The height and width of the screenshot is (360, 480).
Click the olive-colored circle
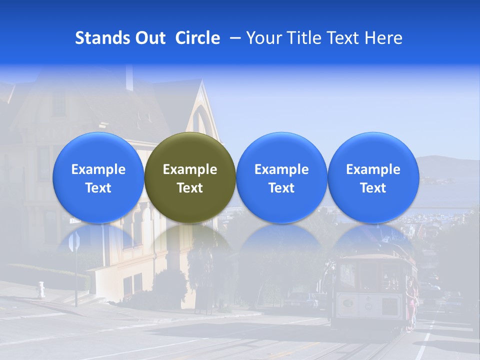190,177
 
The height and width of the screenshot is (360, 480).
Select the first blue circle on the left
98,177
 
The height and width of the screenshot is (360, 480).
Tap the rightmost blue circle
373,177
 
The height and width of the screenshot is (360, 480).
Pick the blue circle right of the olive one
281,177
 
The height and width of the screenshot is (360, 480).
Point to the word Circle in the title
197,38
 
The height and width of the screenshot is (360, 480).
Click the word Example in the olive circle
190,169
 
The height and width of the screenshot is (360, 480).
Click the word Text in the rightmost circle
373,188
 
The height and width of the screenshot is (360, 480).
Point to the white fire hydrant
41,289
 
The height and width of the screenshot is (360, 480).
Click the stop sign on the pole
74,242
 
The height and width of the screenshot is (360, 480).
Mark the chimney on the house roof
129,77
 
